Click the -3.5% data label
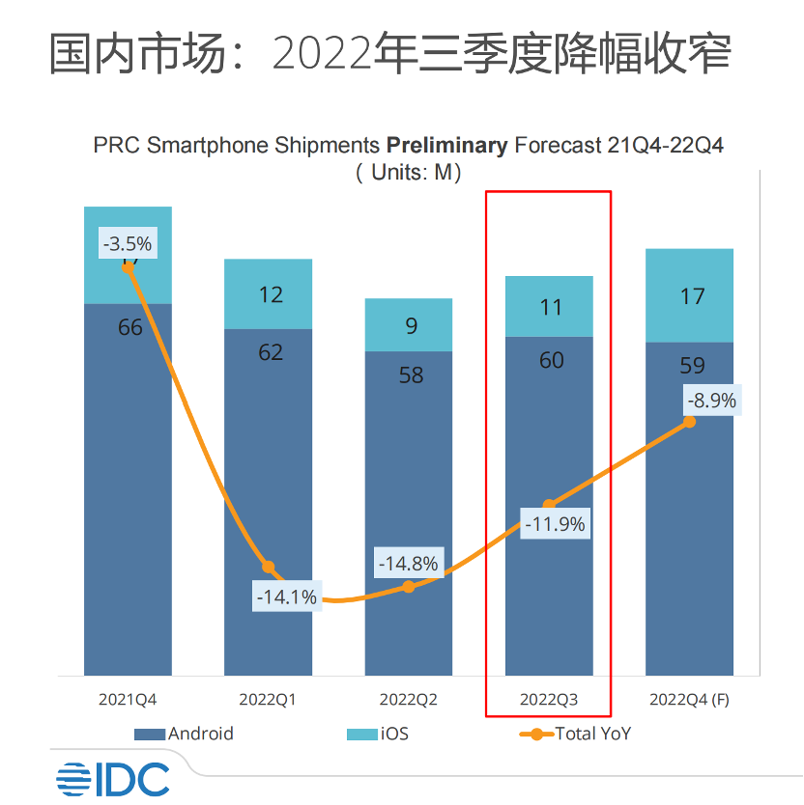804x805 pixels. pos(128,243)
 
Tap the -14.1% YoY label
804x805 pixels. pos(285,597)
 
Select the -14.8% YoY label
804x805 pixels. pos(408,563)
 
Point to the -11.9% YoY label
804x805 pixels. pos(555,525)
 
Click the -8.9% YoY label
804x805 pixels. pos(710,400)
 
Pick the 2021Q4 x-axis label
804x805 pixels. pos(128,700)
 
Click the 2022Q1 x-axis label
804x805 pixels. pos(268,700)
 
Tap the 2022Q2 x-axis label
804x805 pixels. pos(408,700)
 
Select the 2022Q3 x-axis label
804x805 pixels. pos(549,700)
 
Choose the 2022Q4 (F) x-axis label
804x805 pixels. pos(689,700)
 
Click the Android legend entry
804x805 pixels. pos(185,734)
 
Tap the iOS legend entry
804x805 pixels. pos(378,734)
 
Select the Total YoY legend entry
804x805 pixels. pos(575,734)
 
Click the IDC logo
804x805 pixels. pos(112,779)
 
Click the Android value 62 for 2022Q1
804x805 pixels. pos(271,352)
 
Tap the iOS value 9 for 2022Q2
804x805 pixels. pos(411,326)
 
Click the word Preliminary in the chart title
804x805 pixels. pos(446,146)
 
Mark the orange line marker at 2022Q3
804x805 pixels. pos(549,504)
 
